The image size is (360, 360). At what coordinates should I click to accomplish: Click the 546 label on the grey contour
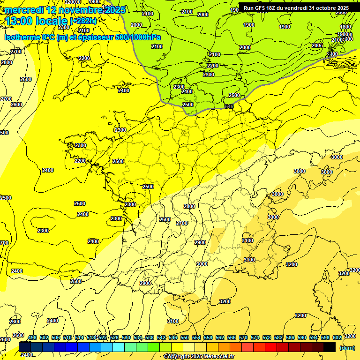tap(229, 107)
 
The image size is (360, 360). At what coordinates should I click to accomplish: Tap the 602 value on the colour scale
tap(337, 337)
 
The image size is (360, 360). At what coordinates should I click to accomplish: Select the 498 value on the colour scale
tap(32, 337)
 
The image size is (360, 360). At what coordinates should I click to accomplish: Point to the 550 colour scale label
tap(185, 337)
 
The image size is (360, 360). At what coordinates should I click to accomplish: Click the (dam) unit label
tap(347, 348)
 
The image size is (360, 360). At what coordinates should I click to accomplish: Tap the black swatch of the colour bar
tap(330, 347)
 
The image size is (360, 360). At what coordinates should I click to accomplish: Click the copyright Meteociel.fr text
tap(199, 357)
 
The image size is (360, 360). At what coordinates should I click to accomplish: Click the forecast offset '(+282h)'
tap(83, 21)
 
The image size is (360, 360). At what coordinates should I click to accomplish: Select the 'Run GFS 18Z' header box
tap(296, 8)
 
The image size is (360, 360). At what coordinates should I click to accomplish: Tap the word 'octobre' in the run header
tap(323, 8)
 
